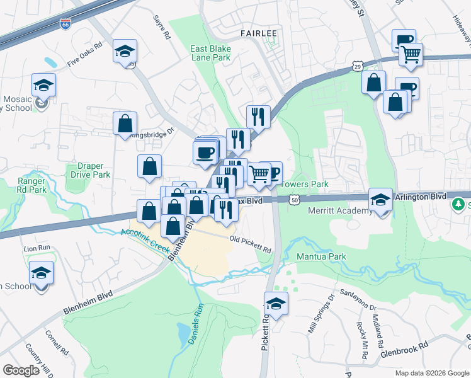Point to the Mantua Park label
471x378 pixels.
322,257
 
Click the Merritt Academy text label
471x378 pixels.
341,210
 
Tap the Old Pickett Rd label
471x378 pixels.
250,244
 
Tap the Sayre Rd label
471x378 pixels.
162,28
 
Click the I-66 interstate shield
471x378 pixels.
65,24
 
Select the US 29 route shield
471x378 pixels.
357,66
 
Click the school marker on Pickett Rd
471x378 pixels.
276,304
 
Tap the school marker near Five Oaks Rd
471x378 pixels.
125,50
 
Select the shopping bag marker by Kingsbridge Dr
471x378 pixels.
125,123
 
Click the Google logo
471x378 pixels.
21,370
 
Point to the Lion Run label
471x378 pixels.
37,249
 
